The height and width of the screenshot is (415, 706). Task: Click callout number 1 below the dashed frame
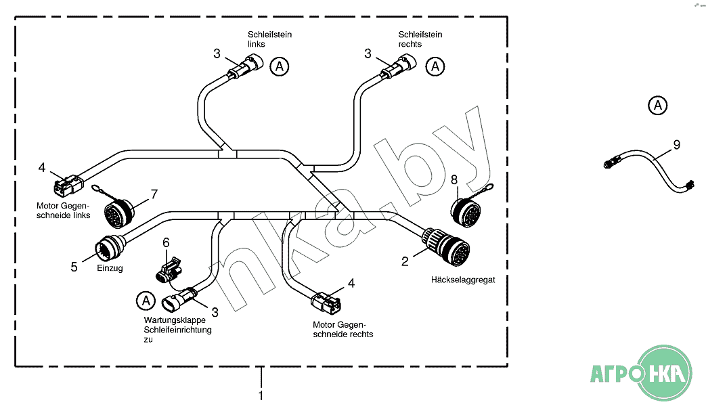261,395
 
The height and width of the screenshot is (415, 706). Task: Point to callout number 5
74,267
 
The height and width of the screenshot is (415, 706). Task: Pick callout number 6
166,242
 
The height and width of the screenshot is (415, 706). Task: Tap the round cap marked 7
119,213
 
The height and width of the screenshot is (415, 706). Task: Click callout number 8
454,179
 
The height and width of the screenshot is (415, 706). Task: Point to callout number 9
676,144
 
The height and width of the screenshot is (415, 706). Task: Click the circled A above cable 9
657,105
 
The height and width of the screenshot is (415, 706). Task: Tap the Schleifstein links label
269,39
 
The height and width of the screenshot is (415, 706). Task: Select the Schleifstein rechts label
420,39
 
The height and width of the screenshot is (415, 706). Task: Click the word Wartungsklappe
167,320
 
